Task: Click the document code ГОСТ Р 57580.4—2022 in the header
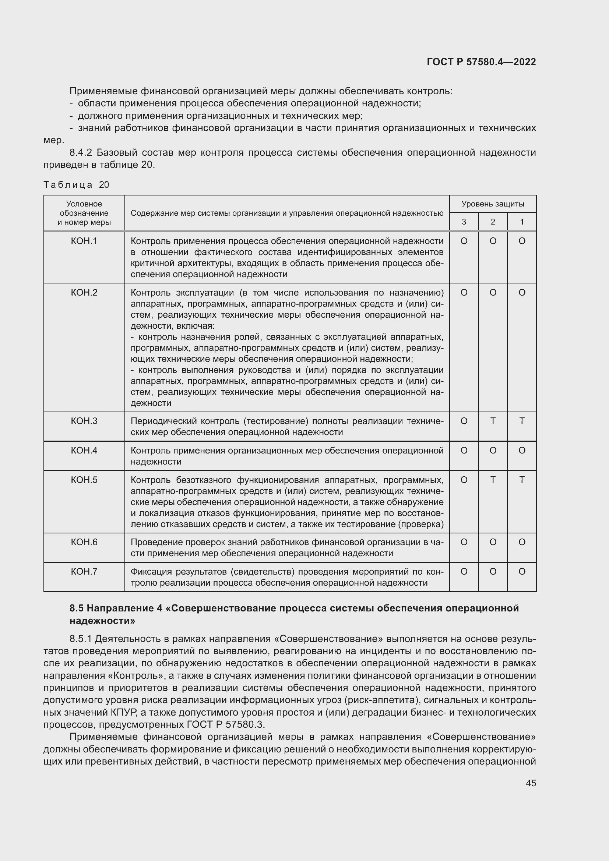point(481,62)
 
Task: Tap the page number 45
point(531,783)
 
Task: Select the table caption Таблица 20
point(76,184)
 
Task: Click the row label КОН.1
point(84,241)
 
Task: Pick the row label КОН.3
point(84,421)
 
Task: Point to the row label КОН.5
point(84,480)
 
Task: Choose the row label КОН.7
point(84,572)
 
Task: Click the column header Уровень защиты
point(492,204)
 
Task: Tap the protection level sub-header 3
point(464,222)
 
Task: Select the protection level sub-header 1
point(522,222)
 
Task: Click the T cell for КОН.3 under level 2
point(493,421)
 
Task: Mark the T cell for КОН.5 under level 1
point(522,480)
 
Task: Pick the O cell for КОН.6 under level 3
point(464,542)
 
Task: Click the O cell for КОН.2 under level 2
point(493,293)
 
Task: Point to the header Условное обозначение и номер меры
point(84,213)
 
